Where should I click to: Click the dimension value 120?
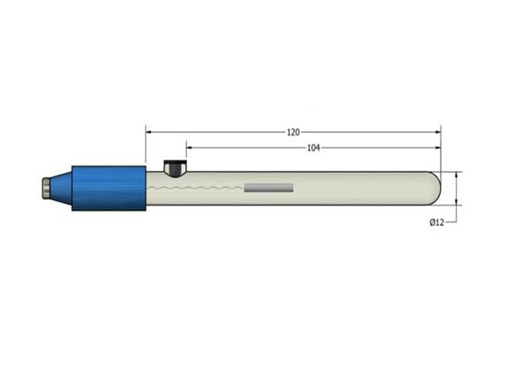coord(293,132)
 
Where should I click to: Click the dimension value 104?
coord(313,148)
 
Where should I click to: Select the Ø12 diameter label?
coord(436,222)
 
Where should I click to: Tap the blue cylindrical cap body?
coord(108,188)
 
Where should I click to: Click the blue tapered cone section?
coord(60,188)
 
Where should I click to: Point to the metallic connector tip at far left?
coord(45,188)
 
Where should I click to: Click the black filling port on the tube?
coord(175,166)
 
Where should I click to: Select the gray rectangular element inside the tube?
coord(268,188)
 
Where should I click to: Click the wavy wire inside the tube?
coord(204,188)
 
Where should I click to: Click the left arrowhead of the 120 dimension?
coord(150,132)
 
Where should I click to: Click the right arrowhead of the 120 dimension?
coord(437,132)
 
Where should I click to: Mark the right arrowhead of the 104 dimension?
coord(437,148)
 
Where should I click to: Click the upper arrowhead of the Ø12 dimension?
coord(457,175)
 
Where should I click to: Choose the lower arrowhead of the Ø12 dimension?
coord(457,201)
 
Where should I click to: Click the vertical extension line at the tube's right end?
coord(441,155)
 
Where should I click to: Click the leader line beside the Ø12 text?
coord(451,222)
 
